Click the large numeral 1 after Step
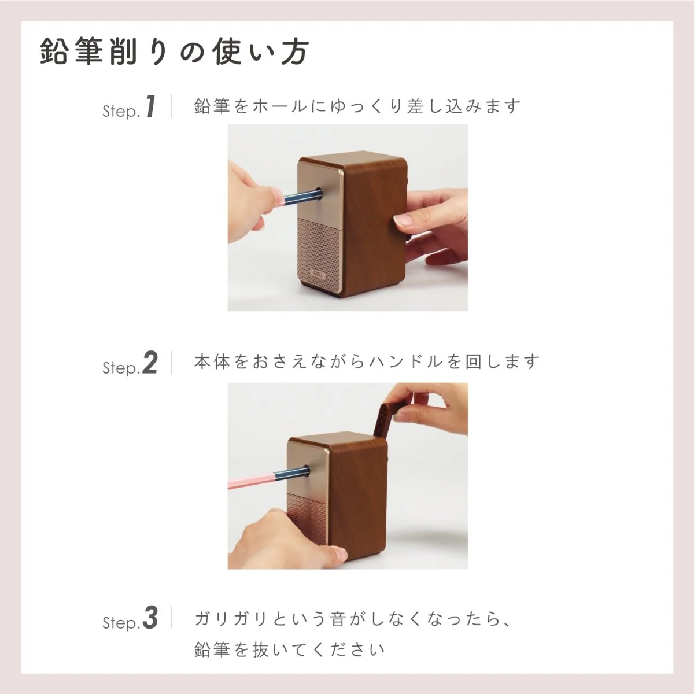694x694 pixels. (x=151, y=106)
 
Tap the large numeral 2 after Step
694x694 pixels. (x=150, y=363)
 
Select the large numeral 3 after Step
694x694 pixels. (x=150, y=618)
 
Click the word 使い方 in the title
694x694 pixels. (x=260, y=52)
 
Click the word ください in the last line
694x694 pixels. (x=342, y=650)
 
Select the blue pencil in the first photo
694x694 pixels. (x=298, y=197)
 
